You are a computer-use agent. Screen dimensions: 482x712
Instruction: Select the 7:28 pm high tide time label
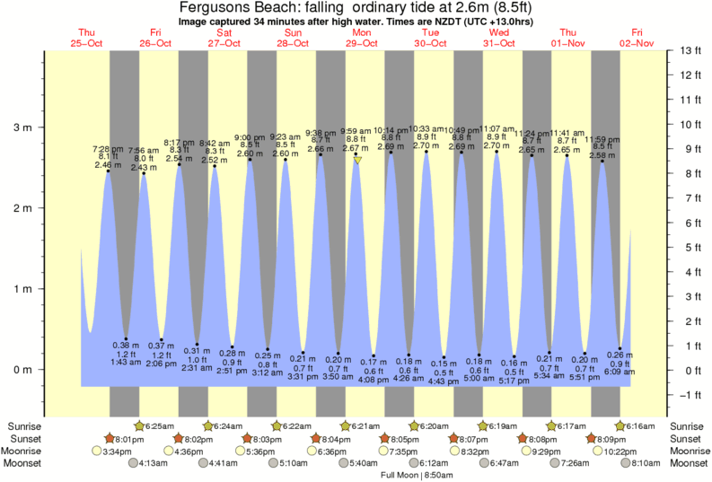[x=108, y=148]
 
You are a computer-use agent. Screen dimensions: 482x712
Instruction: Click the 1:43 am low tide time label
[x=125, y=362]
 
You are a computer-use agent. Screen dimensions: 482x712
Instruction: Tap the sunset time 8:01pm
[x=124, y=439]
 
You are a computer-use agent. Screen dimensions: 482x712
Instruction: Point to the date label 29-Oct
[x=362, y=42]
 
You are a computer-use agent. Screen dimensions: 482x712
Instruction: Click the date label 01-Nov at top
[x=567, y=42]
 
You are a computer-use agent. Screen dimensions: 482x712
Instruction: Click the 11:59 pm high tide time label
[x=602, y=139]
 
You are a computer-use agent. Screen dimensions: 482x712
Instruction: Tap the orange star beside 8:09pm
[x=591, y=439]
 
